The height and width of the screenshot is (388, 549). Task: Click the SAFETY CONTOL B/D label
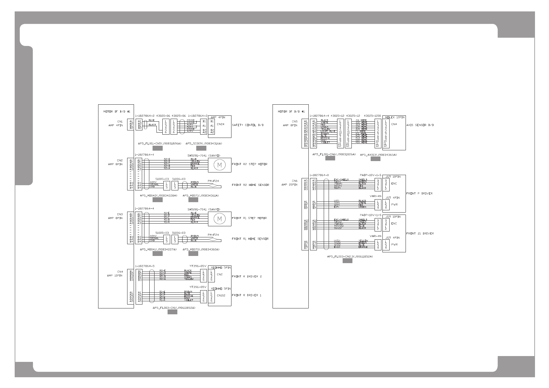[247, 125]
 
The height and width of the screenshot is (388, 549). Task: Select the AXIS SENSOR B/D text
[420, 125]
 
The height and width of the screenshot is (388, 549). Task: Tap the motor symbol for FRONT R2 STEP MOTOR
[219, 165]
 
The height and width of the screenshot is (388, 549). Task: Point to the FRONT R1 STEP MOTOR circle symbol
[219, 219]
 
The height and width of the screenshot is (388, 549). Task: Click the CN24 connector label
[220, 124]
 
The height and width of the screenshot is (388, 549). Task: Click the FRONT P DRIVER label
[419, 194]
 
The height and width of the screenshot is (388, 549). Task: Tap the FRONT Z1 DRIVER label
[420, 233]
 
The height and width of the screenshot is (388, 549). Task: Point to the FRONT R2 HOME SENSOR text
[250, 185]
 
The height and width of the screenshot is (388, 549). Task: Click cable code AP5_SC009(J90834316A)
[204, 143]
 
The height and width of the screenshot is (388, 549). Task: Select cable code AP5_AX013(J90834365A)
[378, 155]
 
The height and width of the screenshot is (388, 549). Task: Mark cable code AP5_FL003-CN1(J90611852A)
[174, 308]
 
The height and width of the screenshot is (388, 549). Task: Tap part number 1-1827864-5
[144, 266]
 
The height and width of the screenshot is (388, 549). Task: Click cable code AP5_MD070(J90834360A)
[201, 249]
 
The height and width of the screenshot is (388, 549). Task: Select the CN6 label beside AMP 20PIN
[294, 181]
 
